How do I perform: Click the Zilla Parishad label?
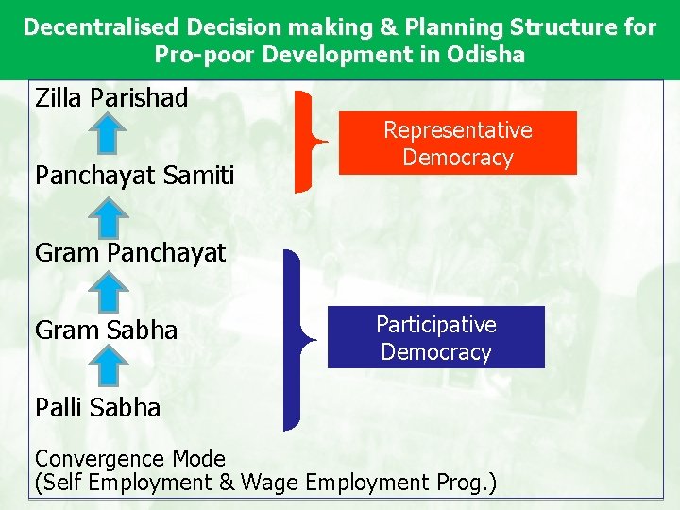(111, 97)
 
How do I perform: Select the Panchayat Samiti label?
(134, 175)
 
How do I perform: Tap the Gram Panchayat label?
(130, 252)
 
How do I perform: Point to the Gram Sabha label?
(106, 331)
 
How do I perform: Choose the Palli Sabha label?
(97, 408)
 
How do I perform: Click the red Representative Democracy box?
(457, 144)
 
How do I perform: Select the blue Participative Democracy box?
(435, 337)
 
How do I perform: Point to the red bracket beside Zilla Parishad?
(305, 142)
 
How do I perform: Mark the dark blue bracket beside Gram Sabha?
(295, 338)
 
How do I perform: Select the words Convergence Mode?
(130, 459)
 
